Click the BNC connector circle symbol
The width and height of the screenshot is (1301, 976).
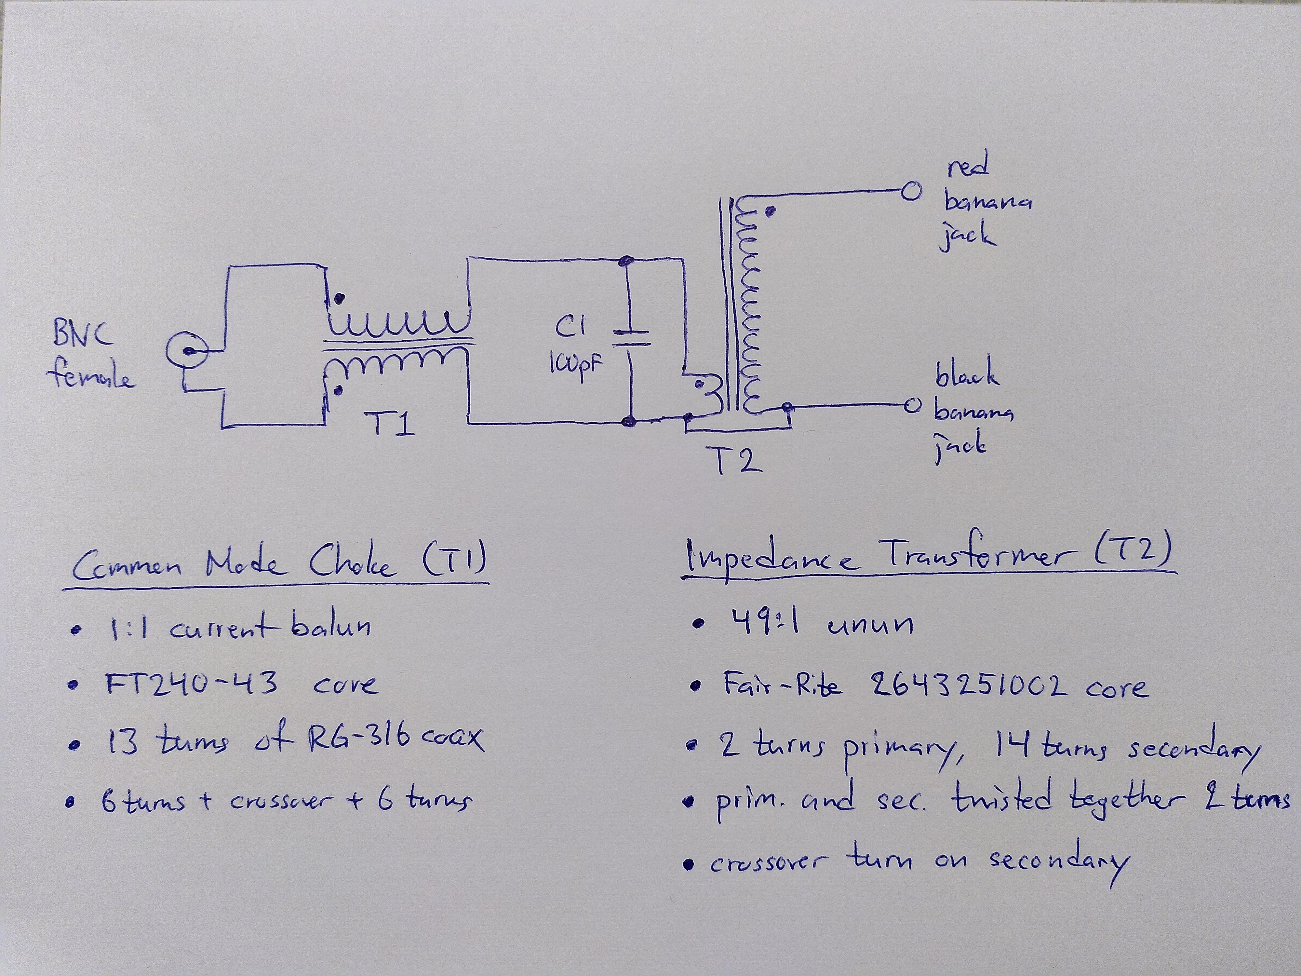tap(187, 352)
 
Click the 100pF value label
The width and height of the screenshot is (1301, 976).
tap(576, 366)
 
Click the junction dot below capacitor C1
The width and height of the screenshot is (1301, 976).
tap(629, 421)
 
